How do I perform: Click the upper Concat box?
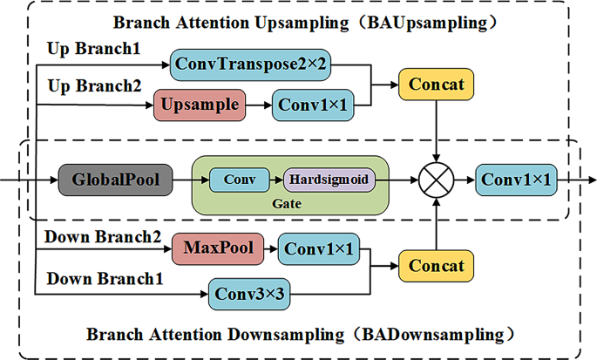point(434,85)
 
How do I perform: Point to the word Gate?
point(289,202)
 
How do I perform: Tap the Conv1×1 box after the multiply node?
point(517,180)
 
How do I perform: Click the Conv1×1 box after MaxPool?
point(319,249)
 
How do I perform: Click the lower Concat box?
point(434,265)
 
